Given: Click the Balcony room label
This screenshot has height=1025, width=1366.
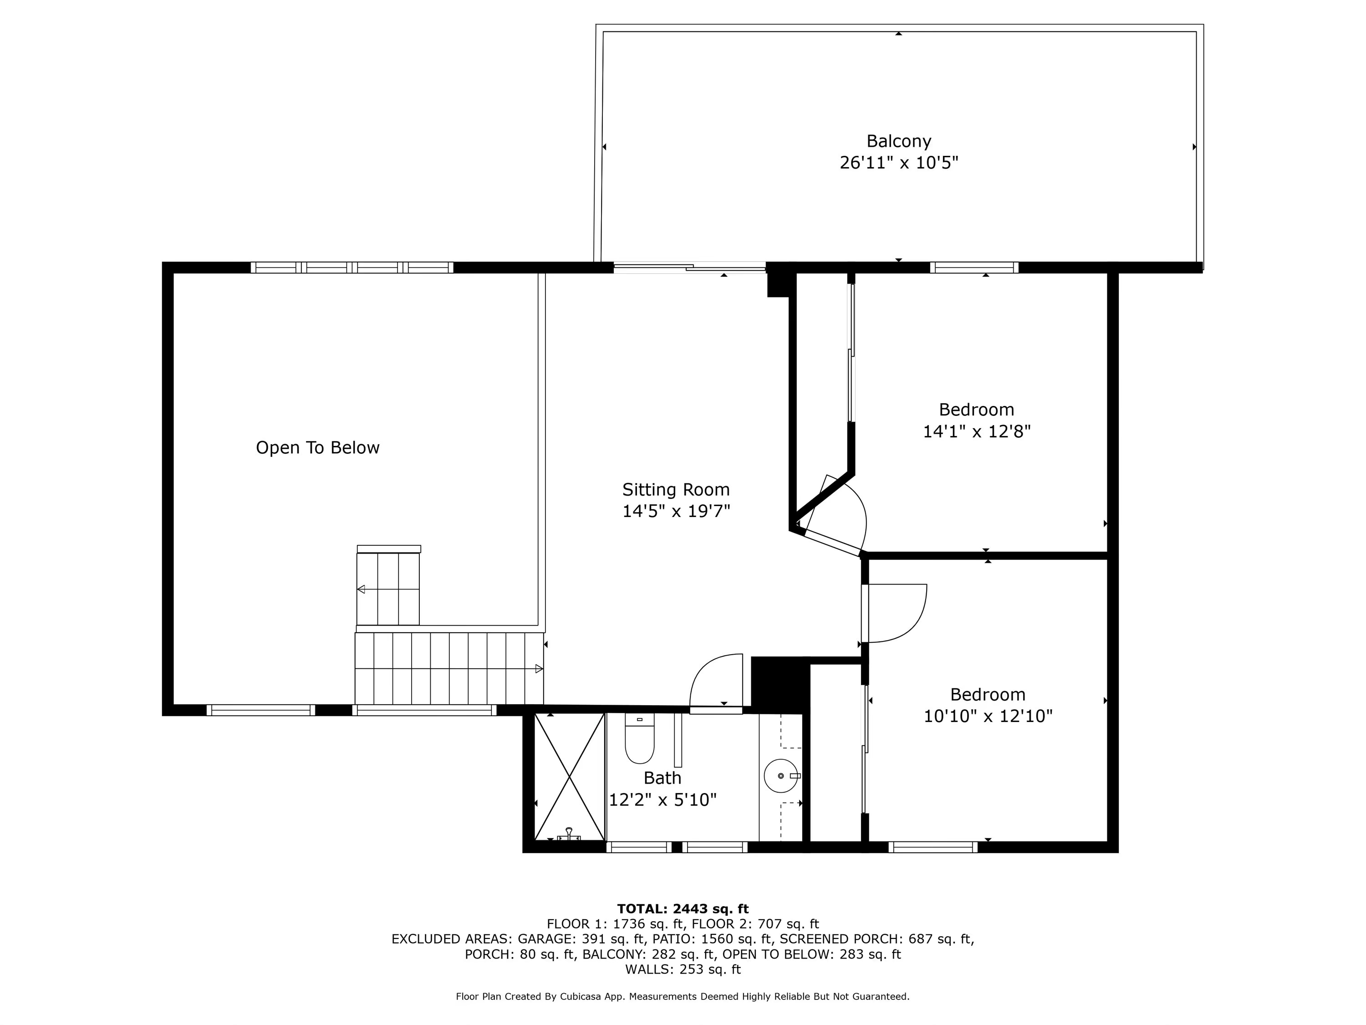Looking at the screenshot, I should pyautogui.click(x=898, y=142).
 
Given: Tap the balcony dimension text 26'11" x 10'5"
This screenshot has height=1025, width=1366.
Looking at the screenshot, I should pyautogui.click(x=898, y=163).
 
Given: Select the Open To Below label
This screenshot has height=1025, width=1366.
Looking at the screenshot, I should pyautogui.click(x=317, y=448).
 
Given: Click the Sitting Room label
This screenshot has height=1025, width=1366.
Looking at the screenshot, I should pyautogui.click(x=676, y=490).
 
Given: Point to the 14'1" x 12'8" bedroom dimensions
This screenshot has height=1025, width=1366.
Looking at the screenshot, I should pyautogui.click(x=976, y=431).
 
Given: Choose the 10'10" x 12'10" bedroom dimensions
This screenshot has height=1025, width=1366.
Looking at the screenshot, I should pyautogui.click(x=988, y=716).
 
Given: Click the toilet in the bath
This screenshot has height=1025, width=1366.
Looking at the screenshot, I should pyautogui.click(x=639, y=739).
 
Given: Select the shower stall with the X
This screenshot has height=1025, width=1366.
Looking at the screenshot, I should pyautogui.click(x=569, y=777).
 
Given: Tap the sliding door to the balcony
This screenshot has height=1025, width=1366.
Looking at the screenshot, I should pyautogui.click(x=690, y=268).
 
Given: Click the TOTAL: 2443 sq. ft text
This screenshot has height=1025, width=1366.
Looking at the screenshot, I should pyautogui.click(x=683, y=909).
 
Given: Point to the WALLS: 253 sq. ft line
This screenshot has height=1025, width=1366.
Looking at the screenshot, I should pyautogui.click(x=683, y=969).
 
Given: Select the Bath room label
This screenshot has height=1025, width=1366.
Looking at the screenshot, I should pyautogui.click(x=662, y=778).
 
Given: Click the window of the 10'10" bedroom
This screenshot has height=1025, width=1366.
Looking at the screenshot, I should pyautogui.click(x=933, y=847).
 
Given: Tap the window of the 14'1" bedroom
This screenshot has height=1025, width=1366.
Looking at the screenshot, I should pyautogui.click(x=974, y=267).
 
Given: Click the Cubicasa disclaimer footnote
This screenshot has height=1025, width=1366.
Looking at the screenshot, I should pyautogui.click(x=683, y=997).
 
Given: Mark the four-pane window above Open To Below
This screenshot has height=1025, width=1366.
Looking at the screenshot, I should pyautogui.click(x=352, y=267).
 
